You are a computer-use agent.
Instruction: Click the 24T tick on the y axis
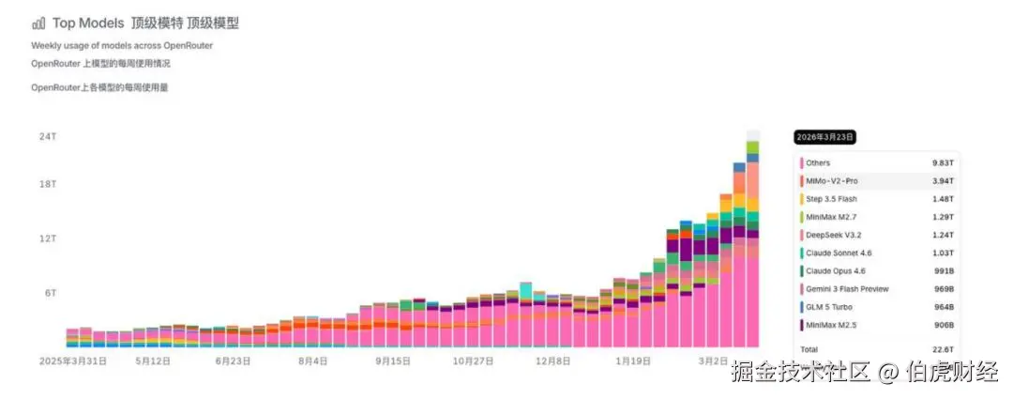click(x=48, y=136)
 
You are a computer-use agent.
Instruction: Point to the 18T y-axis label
click(x=48, y=185)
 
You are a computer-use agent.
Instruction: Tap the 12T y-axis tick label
click(x=48, y=238)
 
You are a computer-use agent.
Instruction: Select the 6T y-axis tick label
click(x=51, y=293)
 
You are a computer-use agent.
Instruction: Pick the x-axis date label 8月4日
click(x=313, y=360)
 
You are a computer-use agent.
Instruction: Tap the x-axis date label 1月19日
click(x=633, y=360)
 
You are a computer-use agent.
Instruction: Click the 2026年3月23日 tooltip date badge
click(x=825, y=137)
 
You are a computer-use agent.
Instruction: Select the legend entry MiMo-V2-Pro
click(x=831, y=180)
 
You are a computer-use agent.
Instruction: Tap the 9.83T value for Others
click(x=942, y=162)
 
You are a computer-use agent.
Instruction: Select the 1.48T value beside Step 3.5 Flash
click(x=942, y=199)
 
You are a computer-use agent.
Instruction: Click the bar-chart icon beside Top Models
click(x=38, y=23)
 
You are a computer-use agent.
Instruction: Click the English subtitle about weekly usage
click(x=121, y=45)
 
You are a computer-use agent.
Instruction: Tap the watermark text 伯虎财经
click(x=952, y=372)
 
